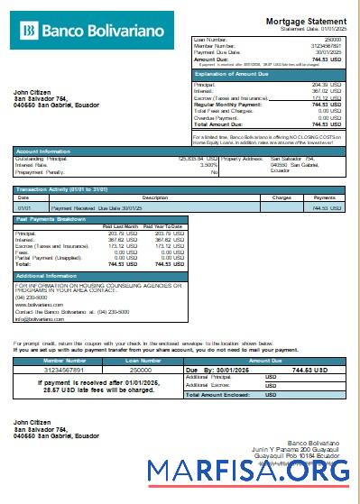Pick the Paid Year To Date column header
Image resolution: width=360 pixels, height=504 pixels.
pos(163,225)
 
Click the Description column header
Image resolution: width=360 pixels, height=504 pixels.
pos(155,197)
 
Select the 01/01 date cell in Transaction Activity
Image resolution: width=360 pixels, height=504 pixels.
pos(24,207)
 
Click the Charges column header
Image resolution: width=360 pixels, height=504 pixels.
pos(281,197)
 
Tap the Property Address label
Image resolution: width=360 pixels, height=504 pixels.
pos(242,159)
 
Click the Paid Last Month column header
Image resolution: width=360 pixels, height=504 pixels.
pos(120,225)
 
